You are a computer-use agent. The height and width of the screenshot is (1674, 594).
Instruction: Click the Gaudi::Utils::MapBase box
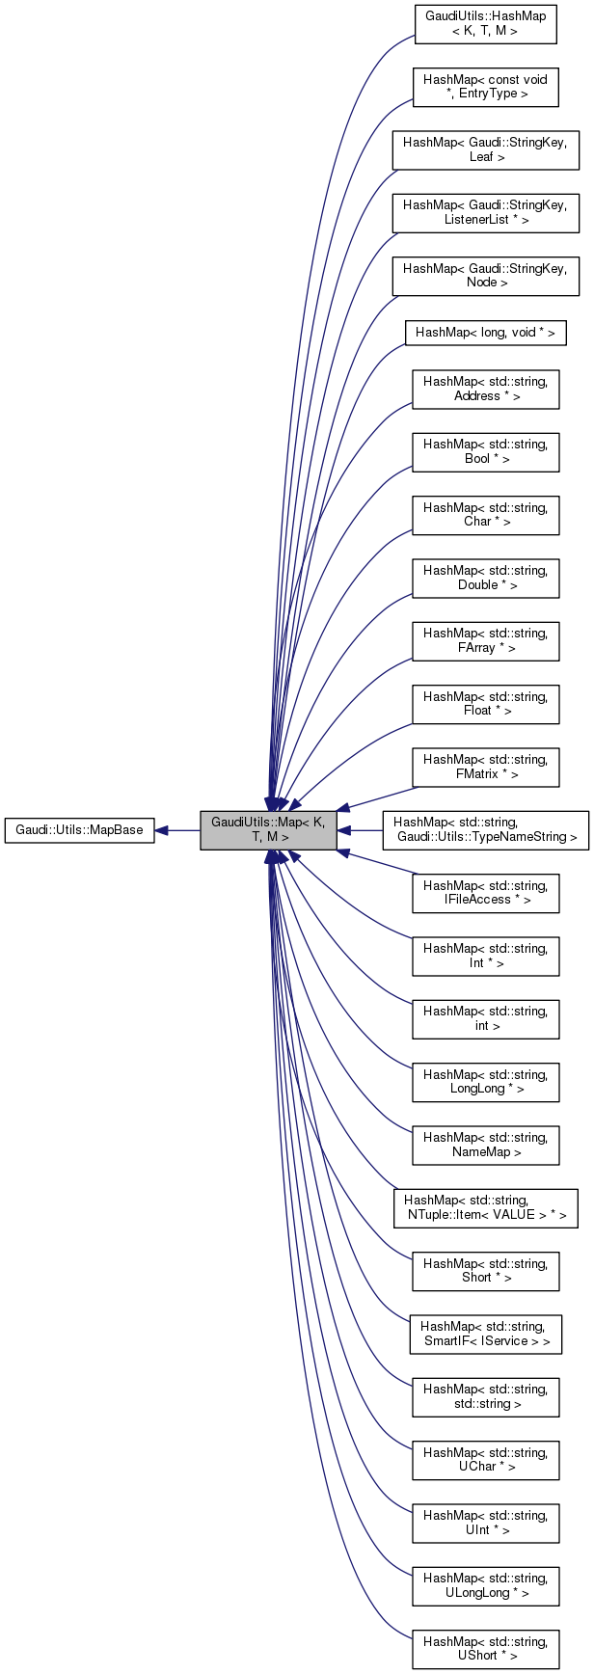pyautogui.click(x=79, y=830)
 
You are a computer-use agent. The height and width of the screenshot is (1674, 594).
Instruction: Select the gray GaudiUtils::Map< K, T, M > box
pyautogui.click(x=268, y=830)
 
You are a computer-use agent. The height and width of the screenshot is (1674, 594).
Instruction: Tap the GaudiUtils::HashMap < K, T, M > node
pyautogui.click(x=485, y=24)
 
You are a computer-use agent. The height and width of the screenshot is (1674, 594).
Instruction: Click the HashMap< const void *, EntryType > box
pyautogui.click(x=485, y=87)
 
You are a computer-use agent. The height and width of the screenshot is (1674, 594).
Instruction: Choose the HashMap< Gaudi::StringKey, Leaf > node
pyautogui.click(x=485, y=149)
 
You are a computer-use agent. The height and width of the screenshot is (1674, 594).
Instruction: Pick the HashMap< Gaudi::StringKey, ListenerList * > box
pyautogui.click(x=485, y=213)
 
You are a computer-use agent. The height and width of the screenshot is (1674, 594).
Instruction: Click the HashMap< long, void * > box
pyautogui.click(x=485, y=333)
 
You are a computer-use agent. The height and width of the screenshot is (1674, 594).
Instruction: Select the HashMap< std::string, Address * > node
pyautogui.click(x=485, y=389)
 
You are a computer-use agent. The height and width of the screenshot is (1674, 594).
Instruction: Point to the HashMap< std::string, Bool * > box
pyautogui.click(x=485, y=452)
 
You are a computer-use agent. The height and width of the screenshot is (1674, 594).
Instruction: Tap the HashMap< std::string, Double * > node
pyautogui.click(x=485, y=578)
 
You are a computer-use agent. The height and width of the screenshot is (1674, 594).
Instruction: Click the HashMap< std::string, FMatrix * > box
pyautogui.click(x=485, y=767)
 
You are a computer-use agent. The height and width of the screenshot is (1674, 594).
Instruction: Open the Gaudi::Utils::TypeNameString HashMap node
pyautogui.click(x=485, y=830)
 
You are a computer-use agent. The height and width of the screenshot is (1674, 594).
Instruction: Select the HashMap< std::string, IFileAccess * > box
pyautogui.click(x=485, y=893)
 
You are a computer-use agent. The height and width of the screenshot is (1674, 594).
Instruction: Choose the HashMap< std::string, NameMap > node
pyautogui.click(x=485, y=1145)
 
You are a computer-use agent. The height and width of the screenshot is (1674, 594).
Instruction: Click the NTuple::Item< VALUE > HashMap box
pyautogui.click(x=485, y=1208)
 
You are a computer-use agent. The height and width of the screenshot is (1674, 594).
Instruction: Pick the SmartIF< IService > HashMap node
pyautogui.click(x=485, y=1334)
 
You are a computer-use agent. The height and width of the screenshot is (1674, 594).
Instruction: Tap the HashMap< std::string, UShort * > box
pyautogui.click(x=485, y=1649)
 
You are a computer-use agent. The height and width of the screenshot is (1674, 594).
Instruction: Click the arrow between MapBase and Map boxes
pyautogui.click(x=177, y=830)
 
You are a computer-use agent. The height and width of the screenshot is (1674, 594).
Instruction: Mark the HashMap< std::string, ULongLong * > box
pyautogui.click(x=485, y=1585)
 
